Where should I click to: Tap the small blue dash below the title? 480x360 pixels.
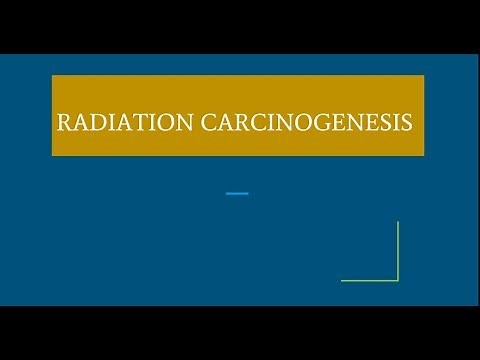point(237,192)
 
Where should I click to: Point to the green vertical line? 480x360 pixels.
point(398,250)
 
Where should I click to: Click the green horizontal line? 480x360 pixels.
point(370,280)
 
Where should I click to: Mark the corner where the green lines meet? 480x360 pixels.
point(398,280)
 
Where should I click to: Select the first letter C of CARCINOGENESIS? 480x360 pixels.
point(199,124)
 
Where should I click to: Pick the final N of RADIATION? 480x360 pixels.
point(177,124)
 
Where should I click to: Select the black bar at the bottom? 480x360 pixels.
point(240,332)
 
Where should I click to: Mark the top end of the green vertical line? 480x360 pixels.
point(398,222)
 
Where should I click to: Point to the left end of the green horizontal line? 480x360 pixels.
point(342,280)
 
